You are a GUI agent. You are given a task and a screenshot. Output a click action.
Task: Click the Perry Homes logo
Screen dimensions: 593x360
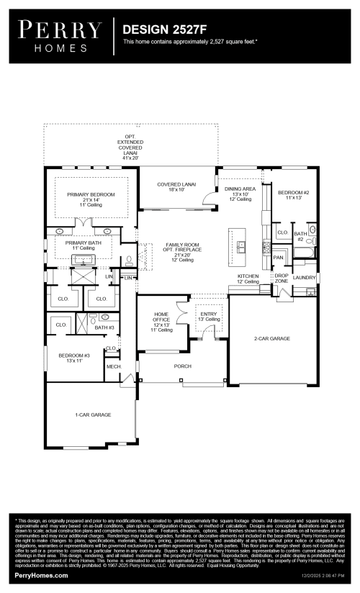point(60,34)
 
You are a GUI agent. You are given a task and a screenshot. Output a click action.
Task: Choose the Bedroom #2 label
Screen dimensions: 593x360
point(293,193)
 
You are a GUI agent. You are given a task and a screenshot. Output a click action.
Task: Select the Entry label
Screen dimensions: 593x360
point(209,314)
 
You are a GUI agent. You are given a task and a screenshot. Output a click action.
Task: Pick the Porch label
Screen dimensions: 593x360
point(183,366)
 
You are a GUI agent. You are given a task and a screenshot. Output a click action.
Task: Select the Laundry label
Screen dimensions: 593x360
point(304,276)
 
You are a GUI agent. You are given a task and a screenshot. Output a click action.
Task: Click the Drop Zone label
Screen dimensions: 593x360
point(282,279)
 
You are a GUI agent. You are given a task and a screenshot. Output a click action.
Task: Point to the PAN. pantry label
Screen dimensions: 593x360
point(278,256)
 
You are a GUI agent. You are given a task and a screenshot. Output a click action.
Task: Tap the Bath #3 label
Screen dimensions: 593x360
point(104,327)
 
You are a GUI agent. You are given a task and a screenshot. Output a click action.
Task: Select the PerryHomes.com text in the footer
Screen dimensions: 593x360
point(41,576)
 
